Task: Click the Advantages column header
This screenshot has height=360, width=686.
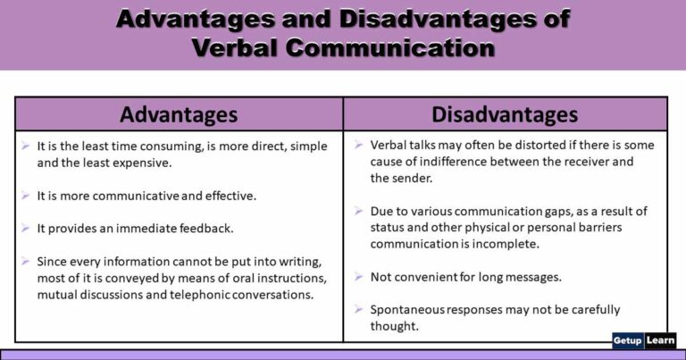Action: coord(179,114)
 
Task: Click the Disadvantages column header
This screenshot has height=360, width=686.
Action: coord(505,114)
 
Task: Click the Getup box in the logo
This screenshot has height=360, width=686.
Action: coord(629,341)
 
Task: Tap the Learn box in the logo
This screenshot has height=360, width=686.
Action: coord(662,341)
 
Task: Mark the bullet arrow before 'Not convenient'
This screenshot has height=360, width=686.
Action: coord(357,276)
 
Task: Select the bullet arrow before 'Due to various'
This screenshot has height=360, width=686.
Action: coord(357,211)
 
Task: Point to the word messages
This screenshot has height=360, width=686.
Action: coord(531,277)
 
